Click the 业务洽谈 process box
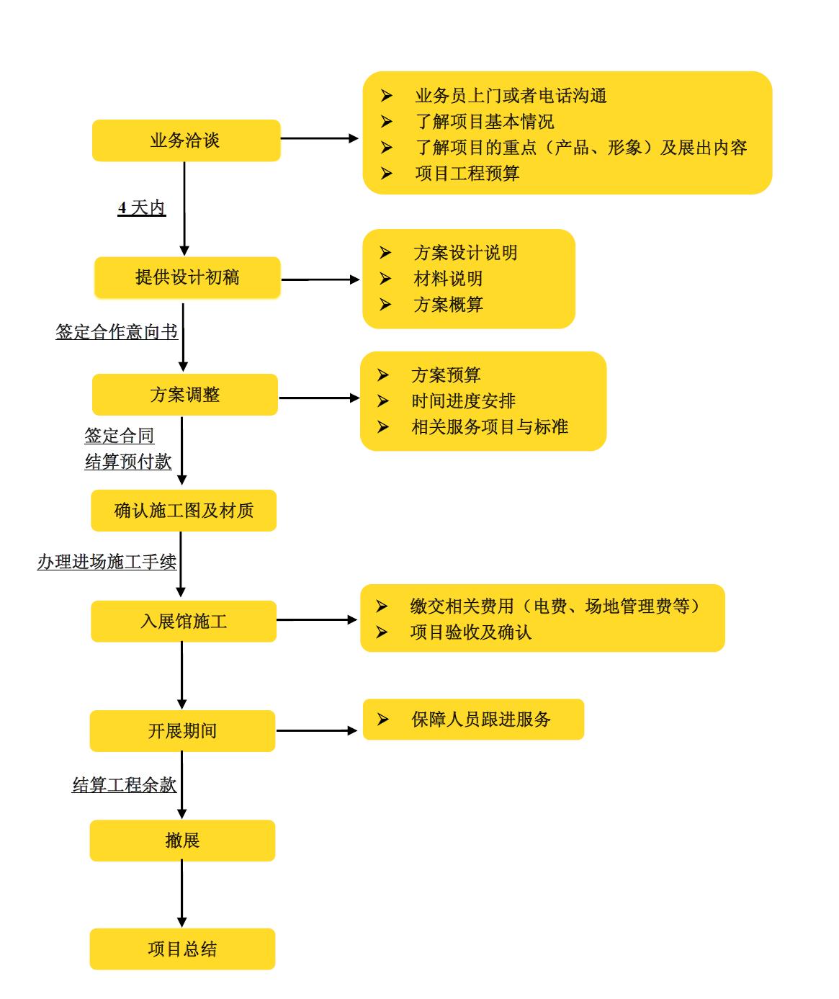click(x=186, y=140)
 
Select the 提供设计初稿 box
click(x=187, y=277)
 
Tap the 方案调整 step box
click(x=185, y=395)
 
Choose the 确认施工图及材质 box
click(x=184, y=511)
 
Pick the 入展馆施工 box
click(x=184, y=621)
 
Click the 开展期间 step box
click(x=182, y=731)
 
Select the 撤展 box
click(x=182, y=841)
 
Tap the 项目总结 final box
click(x=182, y=949)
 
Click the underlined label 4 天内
click(x=142, y=208)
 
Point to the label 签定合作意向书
click(x=117, y=332)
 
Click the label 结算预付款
click(x=128, y=462)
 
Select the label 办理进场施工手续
click(x=107, y=562)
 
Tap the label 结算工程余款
click(x=125, y=785)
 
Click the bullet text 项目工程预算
click(x=467, y=174)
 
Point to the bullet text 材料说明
click(x=448, y=279)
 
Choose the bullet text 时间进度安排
click(x=463, y=401)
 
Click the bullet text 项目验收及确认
click(x=470, y=632)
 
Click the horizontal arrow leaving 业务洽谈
click(x=319, y=138)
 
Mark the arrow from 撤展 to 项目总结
click(x=181, y=893)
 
